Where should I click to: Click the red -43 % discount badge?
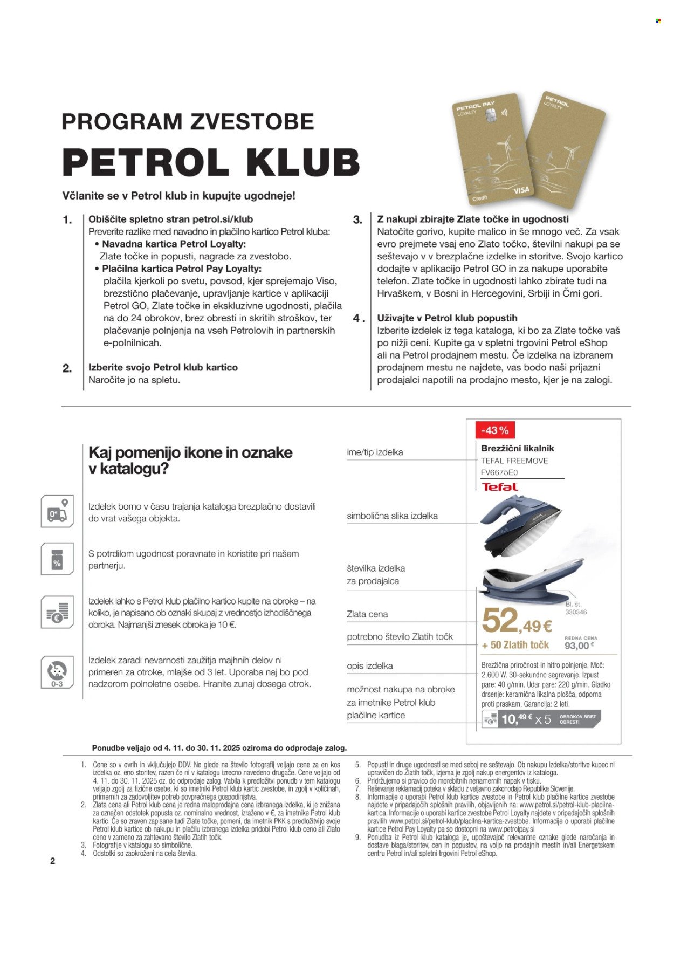[x=494, y=430]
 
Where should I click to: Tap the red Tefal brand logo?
[x=499, y=487]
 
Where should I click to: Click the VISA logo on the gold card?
[x=521, y=190]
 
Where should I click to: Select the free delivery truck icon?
[x=57, y=512]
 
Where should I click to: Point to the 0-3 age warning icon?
[x=57, y=672]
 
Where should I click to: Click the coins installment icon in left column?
[x=57, y=613]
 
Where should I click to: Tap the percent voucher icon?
[x=57, y=559]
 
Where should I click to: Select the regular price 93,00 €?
[x=577, y=646]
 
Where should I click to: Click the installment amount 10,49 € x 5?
[x=526, y=719]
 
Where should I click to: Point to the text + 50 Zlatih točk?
[x=515, y=645]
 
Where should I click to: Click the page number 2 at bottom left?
[x=52, y=861]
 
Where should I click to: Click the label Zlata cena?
[x=367, y=614]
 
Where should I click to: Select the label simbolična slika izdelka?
[x=392, y=516]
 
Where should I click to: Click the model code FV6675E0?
[x=499, y=472]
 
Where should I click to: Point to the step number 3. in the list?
[x=357, y=220]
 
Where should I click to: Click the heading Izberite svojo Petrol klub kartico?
[x=163, y=367]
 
